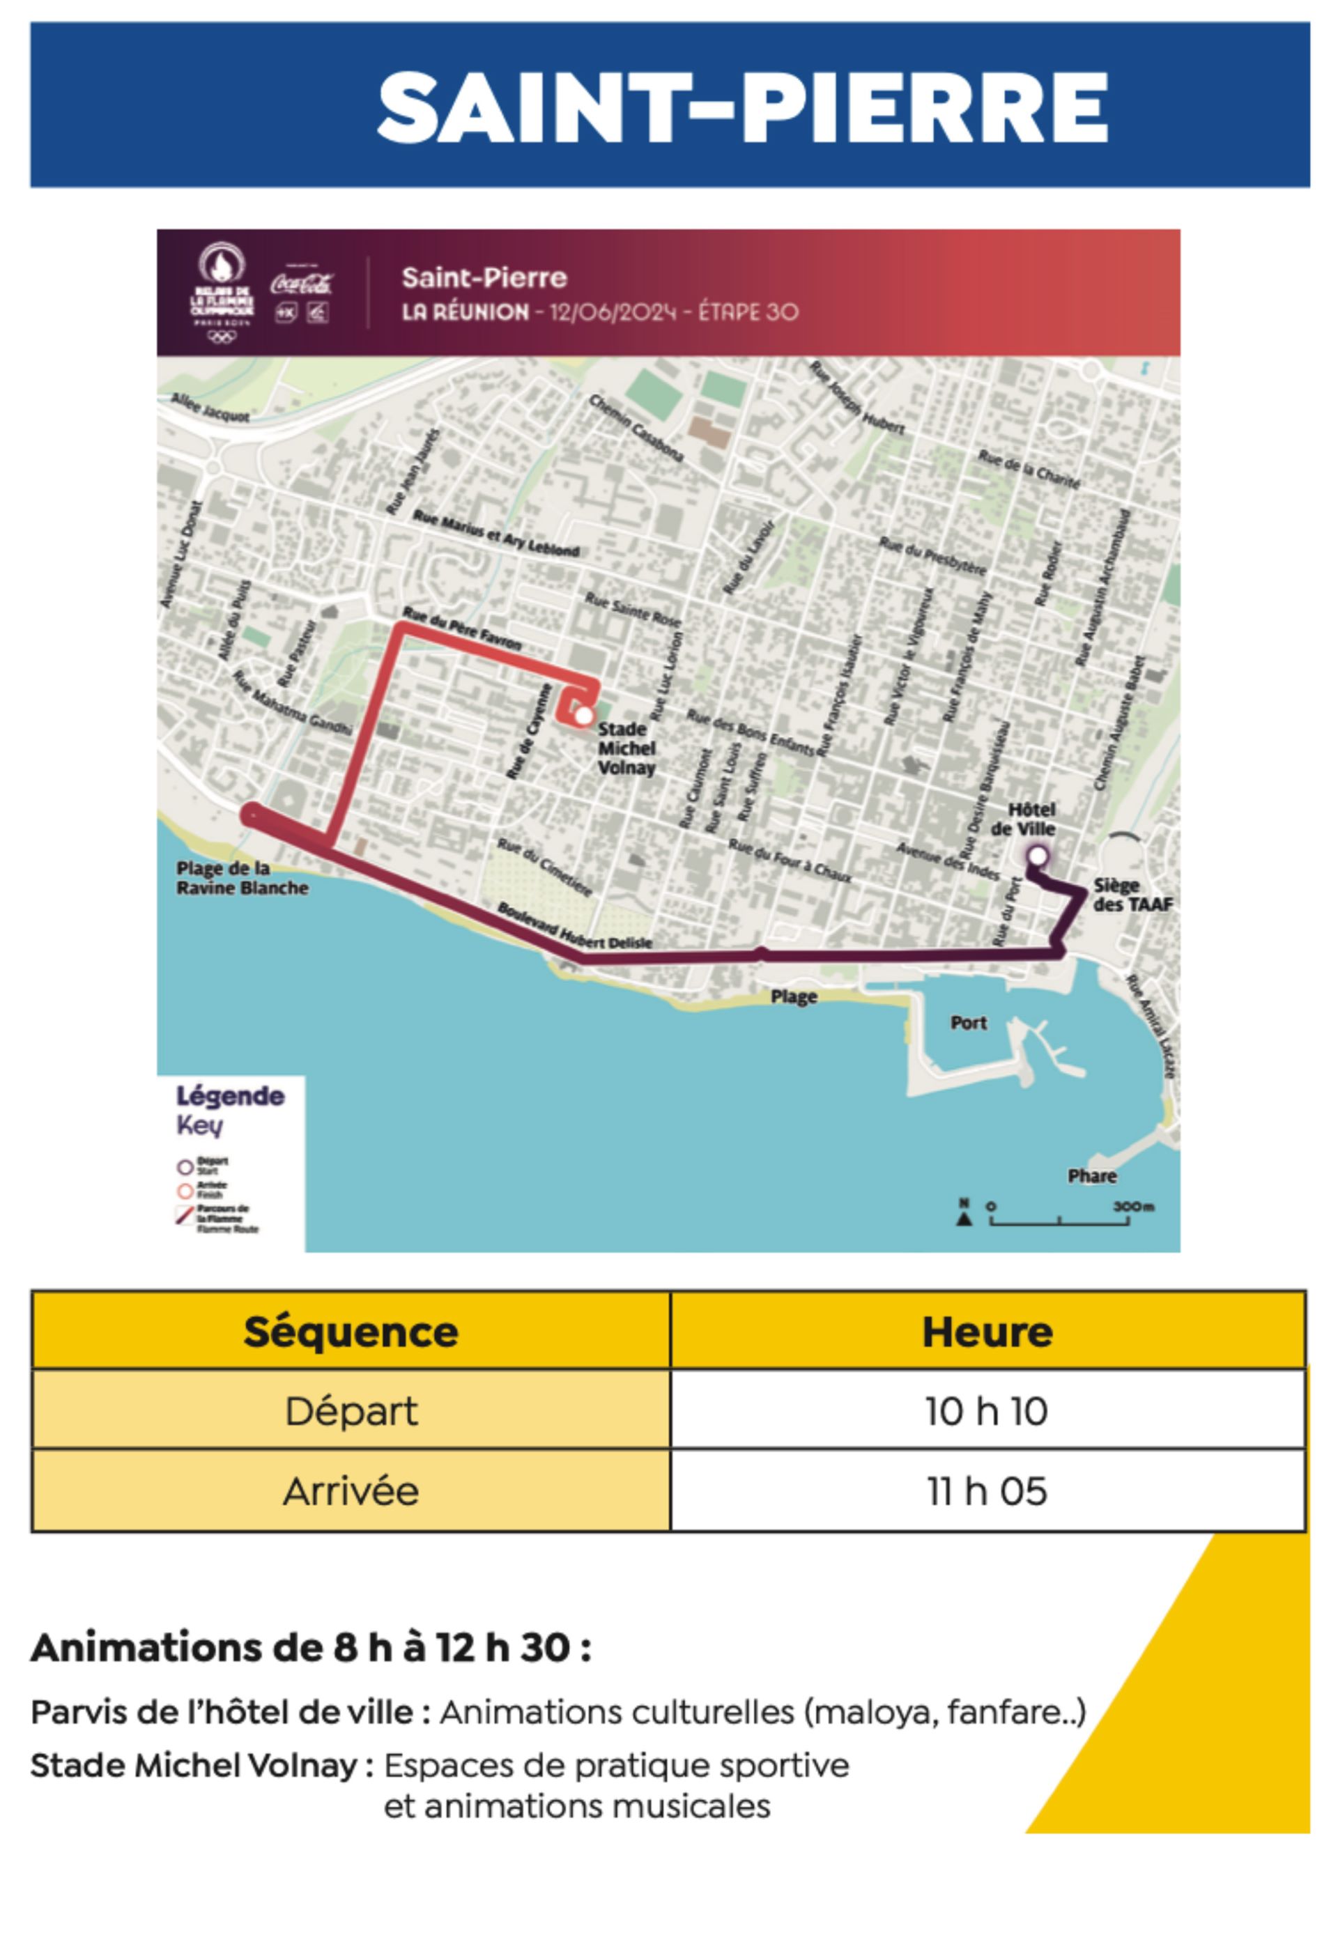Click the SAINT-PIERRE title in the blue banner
(741, 107)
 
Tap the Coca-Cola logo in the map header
(302, 283)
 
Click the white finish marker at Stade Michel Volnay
(583, 716)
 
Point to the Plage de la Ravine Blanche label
(242, 878)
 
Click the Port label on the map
(968, 1023)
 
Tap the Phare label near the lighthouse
(1092, 1176)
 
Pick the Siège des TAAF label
(1132, 895)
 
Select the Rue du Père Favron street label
(462, 628)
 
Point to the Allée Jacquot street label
(210, 407)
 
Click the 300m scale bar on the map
(1059, 1219)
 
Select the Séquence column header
(351, 1332)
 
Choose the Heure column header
(987, 1332)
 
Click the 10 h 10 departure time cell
(987, 1411)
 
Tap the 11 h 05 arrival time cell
(987, 1491)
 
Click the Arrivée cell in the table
(351, 1491)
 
